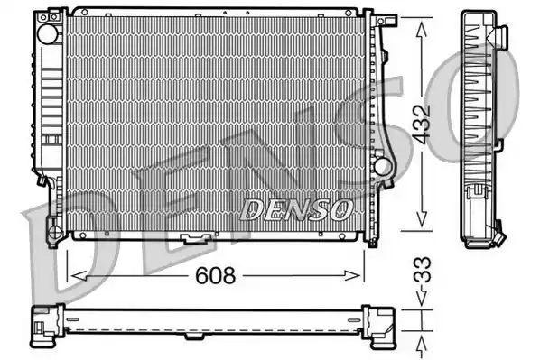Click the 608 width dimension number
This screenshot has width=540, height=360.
tap(215, 275)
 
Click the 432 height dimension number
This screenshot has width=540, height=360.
tap(422, 124)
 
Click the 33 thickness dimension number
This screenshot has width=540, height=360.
tap(422, 270)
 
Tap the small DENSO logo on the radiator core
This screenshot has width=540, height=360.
tap(296, 209)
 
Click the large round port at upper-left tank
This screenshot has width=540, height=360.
tap(48, 33)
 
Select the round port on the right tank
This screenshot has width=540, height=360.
tap(383, 167)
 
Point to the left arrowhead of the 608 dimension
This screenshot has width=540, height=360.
tap(79, 275)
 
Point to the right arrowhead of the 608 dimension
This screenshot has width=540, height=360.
tap(352, 275)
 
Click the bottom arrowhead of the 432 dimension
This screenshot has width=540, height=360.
tap(422, 219)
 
